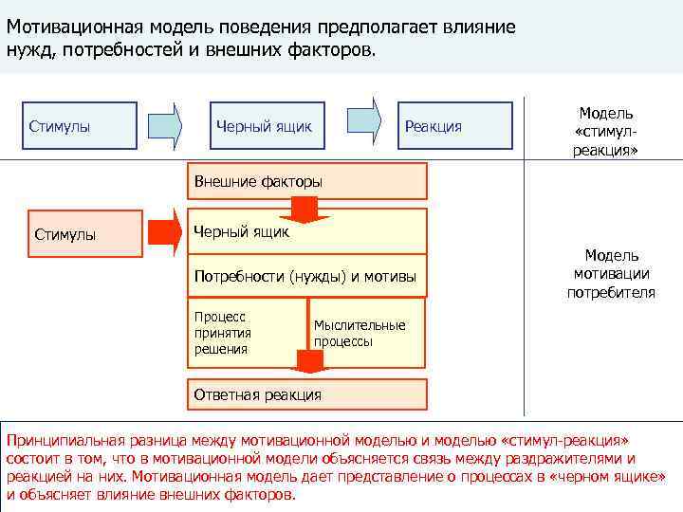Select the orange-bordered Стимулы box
click(x=77, y=234)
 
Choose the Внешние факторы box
click(x=308, y=180)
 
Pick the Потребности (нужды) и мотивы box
click(x=308, y=277)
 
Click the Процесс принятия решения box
click(x=249, y=333)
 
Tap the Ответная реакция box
click(x=308, y=394)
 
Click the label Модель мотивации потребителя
click(x=611, y=274)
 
